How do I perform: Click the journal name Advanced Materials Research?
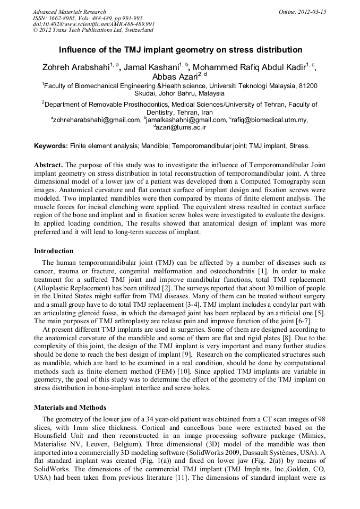pos(69,12)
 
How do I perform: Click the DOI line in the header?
pos(93,24)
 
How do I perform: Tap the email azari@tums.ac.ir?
pos(182,127)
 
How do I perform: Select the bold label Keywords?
pos(50,145)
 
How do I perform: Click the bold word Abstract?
pos(49,165)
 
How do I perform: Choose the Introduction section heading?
pos(54,251)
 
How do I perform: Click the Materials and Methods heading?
pos(68,408)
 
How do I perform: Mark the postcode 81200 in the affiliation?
pos(308,85)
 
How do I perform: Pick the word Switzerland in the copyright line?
pos(135,30)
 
